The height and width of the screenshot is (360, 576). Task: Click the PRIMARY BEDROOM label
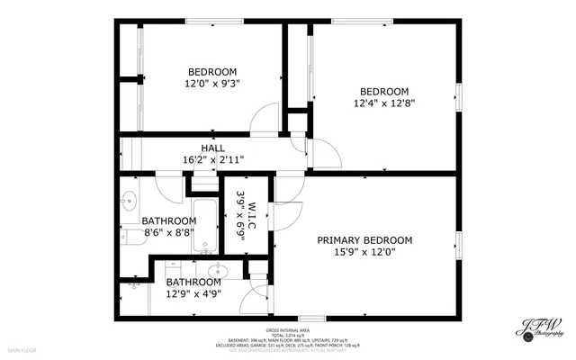click(364, 240)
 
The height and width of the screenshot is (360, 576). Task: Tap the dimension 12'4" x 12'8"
click(384, 103)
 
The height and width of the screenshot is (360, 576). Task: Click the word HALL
click(213, 148)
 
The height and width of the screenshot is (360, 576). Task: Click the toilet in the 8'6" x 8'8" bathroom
click(135, 284)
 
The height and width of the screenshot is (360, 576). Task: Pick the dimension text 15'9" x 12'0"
click(364, 253)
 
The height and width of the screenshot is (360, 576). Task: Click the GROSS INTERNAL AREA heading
click(288, 330)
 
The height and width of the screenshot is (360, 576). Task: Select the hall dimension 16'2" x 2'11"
click(213, 159)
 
